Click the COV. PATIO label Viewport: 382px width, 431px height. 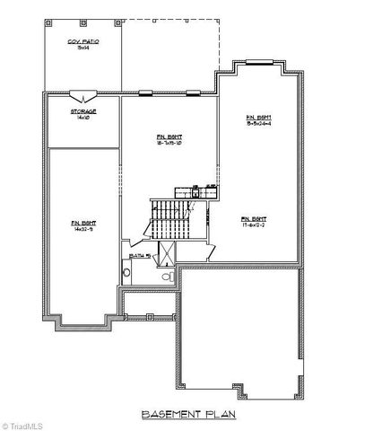pos(82,42)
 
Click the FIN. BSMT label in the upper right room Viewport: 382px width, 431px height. pos(259,118)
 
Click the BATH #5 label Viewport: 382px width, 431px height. pos(139,257)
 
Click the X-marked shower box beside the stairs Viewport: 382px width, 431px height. pos(167,251)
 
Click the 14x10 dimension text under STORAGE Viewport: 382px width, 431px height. pos(82,117)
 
